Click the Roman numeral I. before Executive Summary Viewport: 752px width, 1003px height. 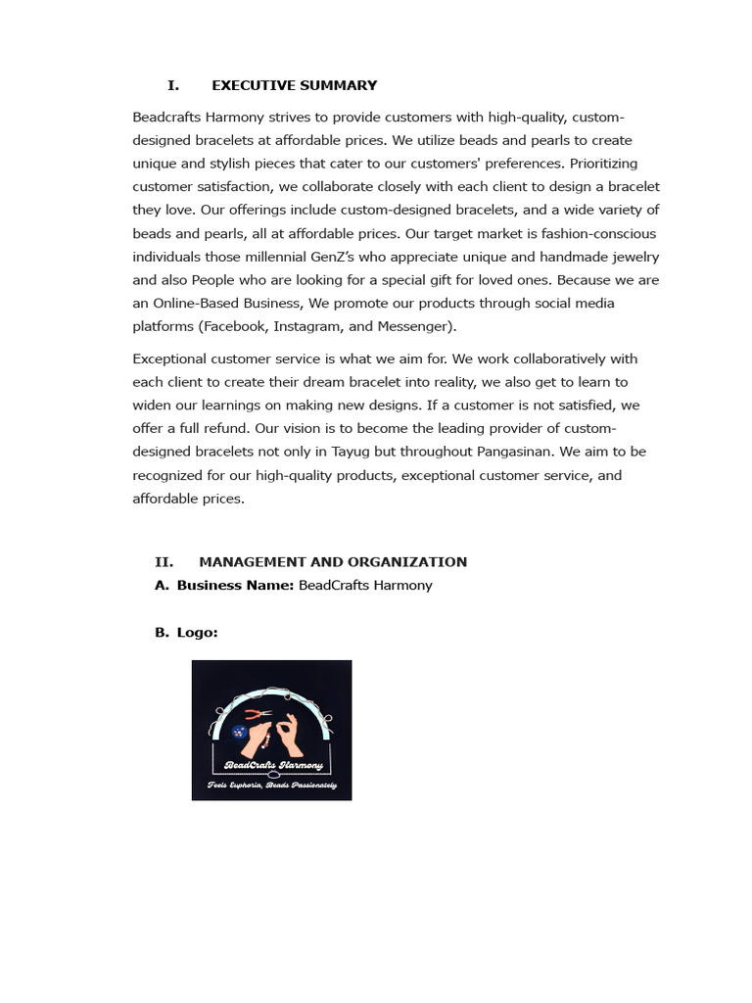pos(172,85)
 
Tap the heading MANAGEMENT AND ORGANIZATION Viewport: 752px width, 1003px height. pos(333,561)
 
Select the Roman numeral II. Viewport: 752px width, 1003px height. pos(164,561)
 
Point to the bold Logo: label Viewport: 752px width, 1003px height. pos(197,632)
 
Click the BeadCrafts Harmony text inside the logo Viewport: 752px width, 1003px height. pos(273,764)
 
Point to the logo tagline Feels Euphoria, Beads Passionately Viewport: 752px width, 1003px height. pos(271,786)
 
